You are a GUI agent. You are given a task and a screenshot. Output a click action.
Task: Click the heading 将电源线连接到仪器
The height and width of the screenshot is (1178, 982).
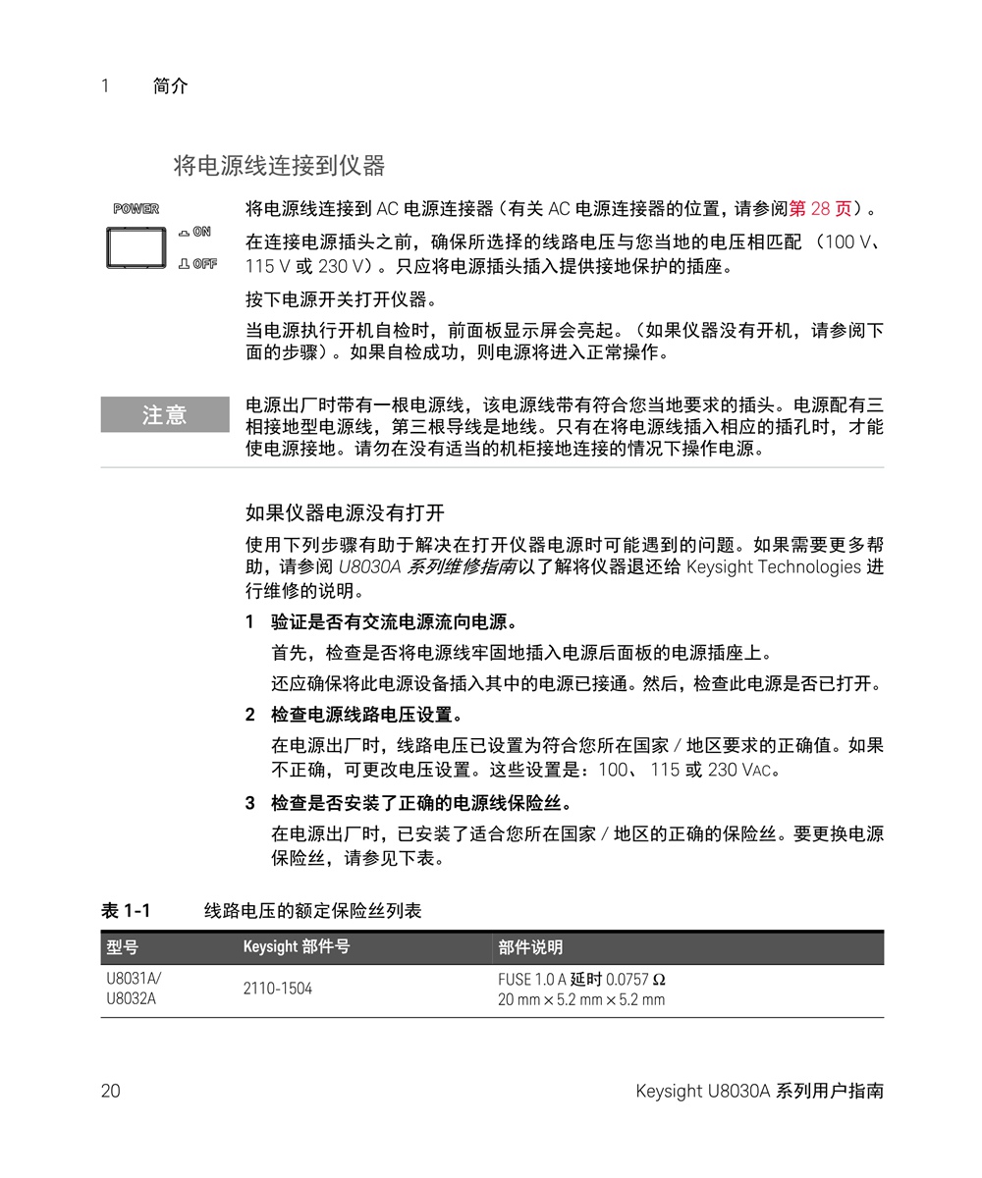pos(279,165)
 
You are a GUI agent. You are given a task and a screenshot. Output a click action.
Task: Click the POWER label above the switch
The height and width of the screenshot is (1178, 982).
pos(136,209)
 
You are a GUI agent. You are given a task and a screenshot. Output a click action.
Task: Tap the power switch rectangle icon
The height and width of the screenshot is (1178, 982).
pos(136,247)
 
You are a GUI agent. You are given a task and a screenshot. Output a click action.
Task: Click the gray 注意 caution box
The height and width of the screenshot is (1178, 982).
pos(164,415)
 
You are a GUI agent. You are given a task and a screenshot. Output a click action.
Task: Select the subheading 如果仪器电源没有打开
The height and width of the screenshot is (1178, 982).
pos(345,512)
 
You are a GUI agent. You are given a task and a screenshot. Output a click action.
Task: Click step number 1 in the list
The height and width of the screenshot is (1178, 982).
pos(250,622)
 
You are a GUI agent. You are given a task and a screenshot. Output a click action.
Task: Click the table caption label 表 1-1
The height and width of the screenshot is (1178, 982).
pos(126,911)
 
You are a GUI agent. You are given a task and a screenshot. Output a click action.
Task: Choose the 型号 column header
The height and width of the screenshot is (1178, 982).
pos(123,947)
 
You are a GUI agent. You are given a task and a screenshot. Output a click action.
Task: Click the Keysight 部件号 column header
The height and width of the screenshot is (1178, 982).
pos(297,947)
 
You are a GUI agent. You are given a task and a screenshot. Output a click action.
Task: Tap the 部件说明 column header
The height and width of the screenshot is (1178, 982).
pos(530,947)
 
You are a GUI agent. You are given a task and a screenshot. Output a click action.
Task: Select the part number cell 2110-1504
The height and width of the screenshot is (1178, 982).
pos(278,989)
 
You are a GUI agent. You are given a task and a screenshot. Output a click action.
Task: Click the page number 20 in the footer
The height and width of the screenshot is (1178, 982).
pos(110,1091)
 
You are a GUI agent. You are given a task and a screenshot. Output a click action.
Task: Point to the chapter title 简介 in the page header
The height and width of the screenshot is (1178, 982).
pos(171,86)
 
